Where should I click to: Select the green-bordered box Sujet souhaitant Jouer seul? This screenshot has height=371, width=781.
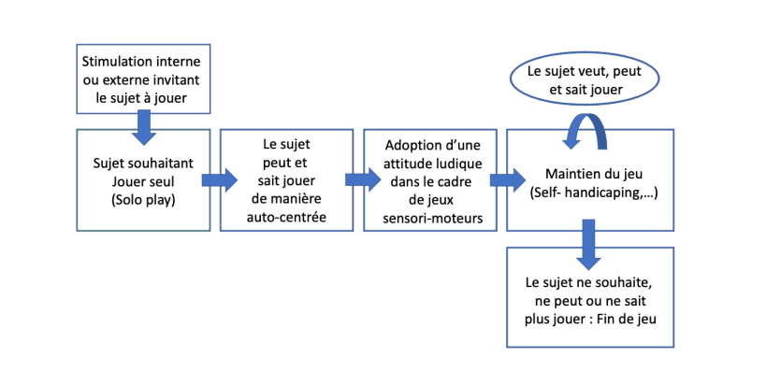[x=143, y=180]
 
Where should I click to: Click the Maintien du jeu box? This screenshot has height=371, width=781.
[x=589, y=180]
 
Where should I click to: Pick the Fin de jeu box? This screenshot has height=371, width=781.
[x=589, y=297]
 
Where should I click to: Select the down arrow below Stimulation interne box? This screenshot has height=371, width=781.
[x=142, y=126]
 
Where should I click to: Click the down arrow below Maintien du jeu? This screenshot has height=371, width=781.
[x=588, y=244]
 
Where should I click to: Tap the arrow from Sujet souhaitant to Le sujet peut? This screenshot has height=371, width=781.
[x=219, y=179]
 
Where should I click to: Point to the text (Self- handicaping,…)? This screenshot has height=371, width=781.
[x=589, y=192]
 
